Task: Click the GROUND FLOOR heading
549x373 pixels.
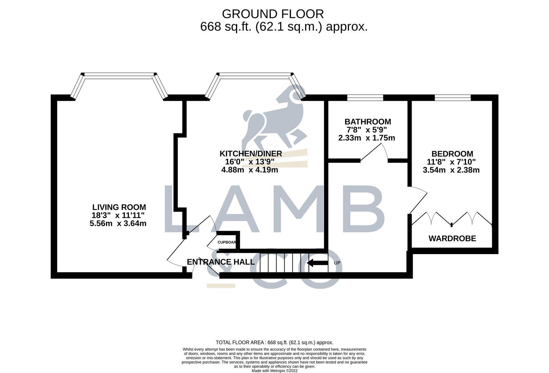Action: coord(273,14)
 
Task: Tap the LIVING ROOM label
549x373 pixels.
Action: coord(119,207)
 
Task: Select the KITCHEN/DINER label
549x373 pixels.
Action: coord(250,154)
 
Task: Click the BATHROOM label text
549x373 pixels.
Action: coord(368,122)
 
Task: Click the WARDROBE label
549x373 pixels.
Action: coord(452,238)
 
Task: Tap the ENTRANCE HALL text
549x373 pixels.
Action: coord(220,262)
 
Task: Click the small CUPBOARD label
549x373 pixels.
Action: coord(227,242)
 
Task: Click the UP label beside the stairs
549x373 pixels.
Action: coord(337,263)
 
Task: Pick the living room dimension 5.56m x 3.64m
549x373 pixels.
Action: coord(118,223)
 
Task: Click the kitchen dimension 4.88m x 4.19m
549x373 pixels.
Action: coord(249,170)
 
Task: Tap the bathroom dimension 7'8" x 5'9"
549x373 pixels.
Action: coord(367,130)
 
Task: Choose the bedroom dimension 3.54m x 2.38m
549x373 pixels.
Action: coord(451,170)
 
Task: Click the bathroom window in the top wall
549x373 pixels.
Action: coord(365,98)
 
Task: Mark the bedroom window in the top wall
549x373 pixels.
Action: coord(453,98)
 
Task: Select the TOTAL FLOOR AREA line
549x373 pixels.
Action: coord(274,343)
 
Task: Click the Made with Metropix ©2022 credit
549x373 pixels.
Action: coord(274,371)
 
